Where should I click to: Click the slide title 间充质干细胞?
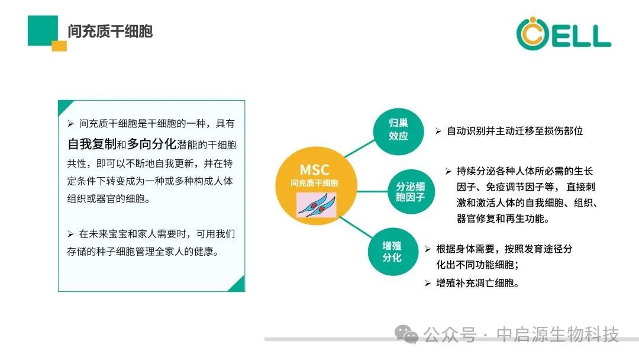(110, 31)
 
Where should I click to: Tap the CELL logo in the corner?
(564, 33)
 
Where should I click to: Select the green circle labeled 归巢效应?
(398, 131)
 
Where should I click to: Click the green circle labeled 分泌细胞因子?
(411, 192)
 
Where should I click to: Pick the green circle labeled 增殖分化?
(392, 252)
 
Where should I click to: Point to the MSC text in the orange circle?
(314, 169)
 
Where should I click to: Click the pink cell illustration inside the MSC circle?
(316, 205)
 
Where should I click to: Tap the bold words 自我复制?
(92, 144)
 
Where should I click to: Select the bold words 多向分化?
(151, 144)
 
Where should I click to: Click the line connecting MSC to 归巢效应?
(360, 149)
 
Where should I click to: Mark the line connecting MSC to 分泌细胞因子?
(373, 191)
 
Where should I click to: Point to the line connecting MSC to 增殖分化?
(356, 227)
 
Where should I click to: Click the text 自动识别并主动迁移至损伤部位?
(515, 131)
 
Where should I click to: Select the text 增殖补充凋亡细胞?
(477, 283)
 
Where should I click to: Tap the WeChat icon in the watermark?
(406, 335)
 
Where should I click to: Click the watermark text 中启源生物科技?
(557, 335)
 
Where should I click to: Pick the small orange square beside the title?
(59, 46)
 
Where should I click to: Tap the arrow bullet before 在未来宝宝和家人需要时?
(70, 234)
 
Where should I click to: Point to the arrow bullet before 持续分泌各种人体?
(448, 171)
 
